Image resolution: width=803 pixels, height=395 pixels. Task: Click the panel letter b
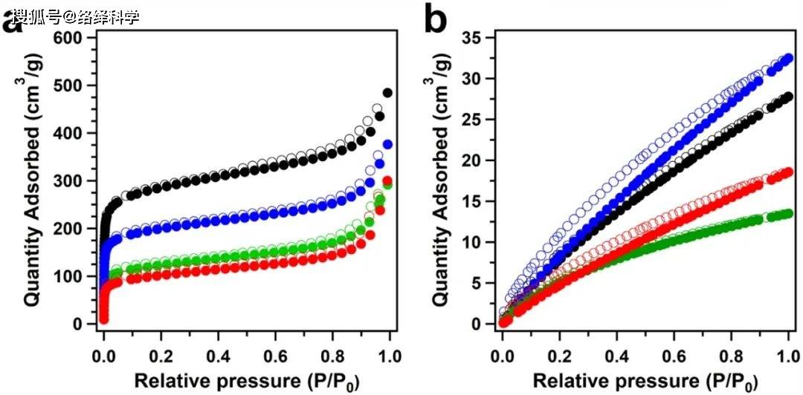click(435, 20)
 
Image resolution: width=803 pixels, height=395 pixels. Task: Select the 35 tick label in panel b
click(478, 37)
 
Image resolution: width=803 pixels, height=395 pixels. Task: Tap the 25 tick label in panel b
click(478, 120)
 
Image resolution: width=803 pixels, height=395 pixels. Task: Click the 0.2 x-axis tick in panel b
click(560, 347)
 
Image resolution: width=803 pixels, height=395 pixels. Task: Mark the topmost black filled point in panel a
click(387, 93)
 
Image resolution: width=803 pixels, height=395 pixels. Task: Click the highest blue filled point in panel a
click(387, 144)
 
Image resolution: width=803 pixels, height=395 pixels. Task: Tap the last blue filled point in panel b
click(788, 58)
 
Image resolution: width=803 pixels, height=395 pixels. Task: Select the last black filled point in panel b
click(788, 97)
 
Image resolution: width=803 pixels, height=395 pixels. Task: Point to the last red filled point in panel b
click(788, 172)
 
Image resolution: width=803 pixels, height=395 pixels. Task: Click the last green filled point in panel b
click(788, 214)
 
